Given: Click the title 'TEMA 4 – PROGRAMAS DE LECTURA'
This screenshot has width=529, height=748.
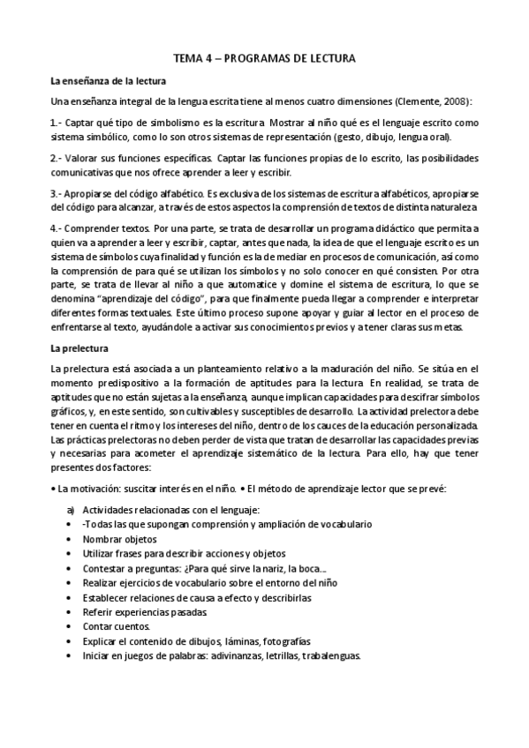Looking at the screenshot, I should point(264,59).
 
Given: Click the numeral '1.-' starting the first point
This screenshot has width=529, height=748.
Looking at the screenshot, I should point(57,120).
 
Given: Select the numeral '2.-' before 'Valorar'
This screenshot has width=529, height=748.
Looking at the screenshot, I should point(57,158).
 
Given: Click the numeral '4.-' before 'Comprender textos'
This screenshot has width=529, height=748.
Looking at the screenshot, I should point(57,227).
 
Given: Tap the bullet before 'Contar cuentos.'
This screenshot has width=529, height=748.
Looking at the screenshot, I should point(70,625).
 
